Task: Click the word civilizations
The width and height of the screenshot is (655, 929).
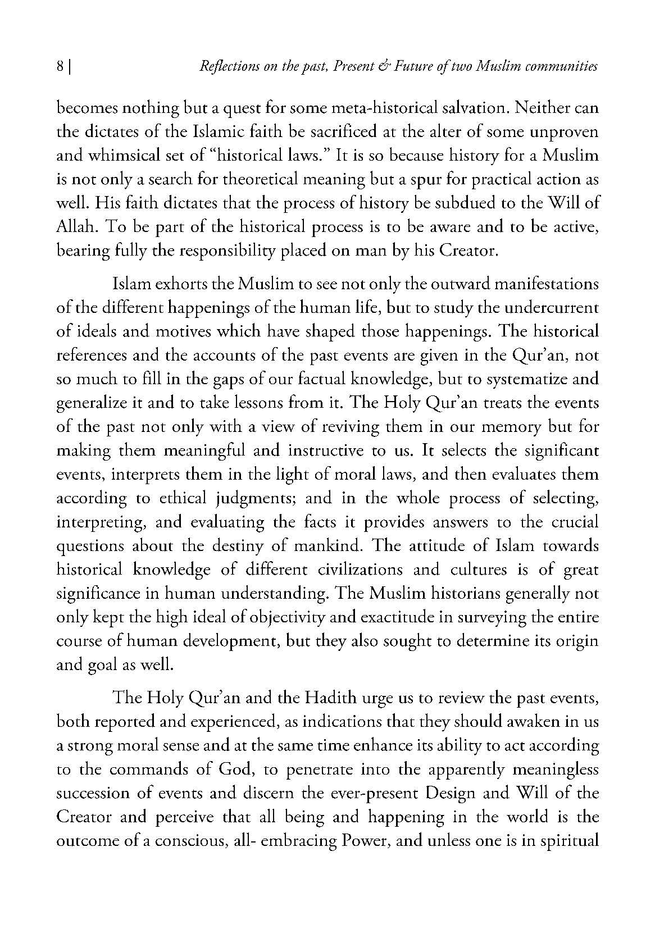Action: pyautogui.click(x=360, y=570)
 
